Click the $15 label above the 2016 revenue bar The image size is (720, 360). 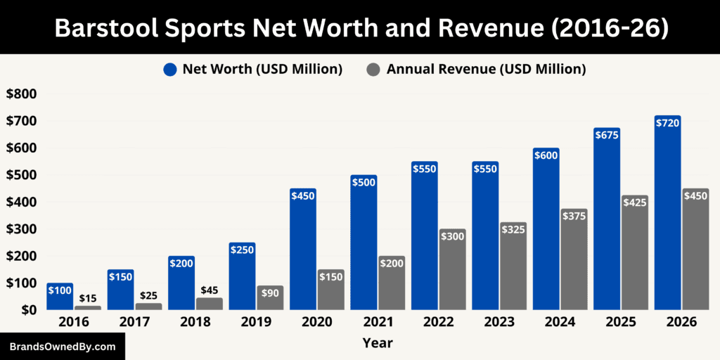click(88, 299)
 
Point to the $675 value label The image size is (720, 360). click(606, 135)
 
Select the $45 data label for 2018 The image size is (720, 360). click(210, 290)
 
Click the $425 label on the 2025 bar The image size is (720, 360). click(634, 202)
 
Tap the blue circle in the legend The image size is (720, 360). click(170, 69)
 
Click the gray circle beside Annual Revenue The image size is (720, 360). click(374, 69)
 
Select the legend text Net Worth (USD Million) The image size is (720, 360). click(262, 69)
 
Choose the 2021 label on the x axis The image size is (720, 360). click(377, 322)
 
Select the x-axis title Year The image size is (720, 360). click(378, 343)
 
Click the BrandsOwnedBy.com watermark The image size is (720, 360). click(63, 347)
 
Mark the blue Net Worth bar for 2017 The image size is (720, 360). click(120, 290)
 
